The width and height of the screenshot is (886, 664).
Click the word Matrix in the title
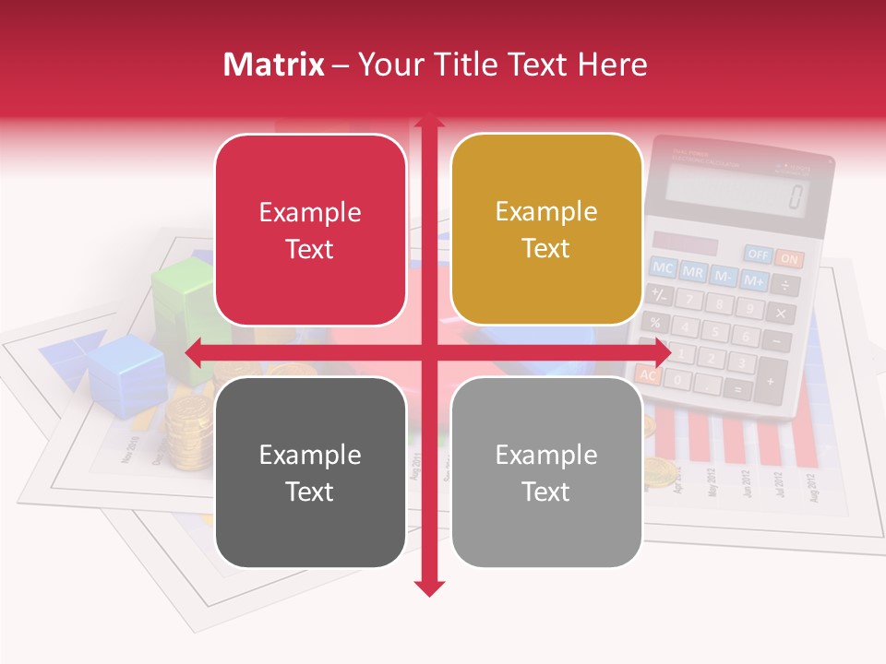pos(273,65)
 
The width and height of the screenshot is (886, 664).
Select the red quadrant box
pos(310,231)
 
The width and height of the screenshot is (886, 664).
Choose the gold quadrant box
pos(546,230)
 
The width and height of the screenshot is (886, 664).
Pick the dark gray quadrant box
pos(310,472)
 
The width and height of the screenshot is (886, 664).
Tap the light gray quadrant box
pos(546,472)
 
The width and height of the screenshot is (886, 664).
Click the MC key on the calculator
pos(663,268)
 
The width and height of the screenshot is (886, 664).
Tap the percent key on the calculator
pos(654,323)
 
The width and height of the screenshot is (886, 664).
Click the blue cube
pos(127,373)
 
